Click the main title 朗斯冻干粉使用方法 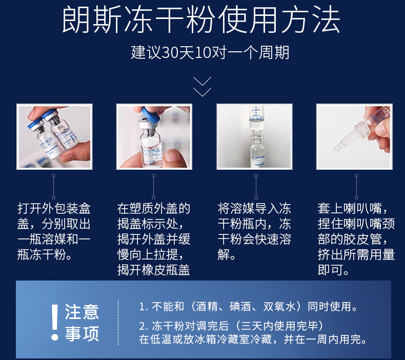tap(201, 19)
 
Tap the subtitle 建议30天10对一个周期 tap(210, 52)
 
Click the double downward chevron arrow tap(202, 87)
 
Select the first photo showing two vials tap(54, 137)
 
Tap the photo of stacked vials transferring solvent tap(254, 137)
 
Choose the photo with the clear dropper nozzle tap(354, 137)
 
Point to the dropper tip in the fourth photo tap(337, 149)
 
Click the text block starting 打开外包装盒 tap(54, 232)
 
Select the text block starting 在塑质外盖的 tap(154, 239)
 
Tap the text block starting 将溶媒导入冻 tap(254, 232)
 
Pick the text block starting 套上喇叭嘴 tap(356, 239)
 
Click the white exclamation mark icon tap(55, 322)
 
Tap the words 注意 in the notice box tap(82, 312)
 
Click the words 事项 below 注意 tap(82, 333)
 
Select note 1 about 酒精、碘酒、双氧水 tap(248, 307)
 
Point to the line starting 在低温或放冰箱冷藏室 tap(253, 339)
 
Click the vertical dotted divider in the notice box tap(118, 322)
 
